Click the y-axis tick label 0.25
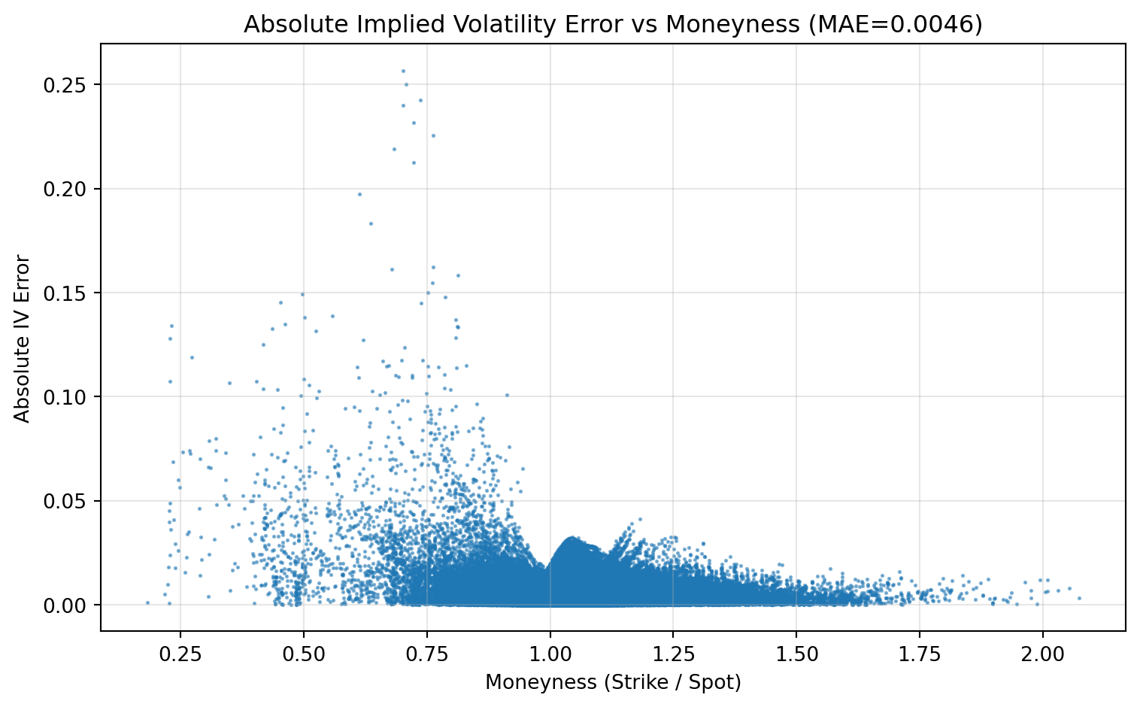[71, 85]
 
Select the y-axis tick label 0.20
[71, 189]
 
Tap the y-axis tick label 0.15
[71, 293]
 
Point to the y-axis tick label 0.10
[71, 396]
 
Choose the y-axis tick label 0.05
[71, 501]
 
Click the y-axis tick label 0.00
[71, 605]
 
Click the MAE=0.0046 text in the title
[895, 25]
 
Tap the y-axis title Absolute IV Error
[23, 339]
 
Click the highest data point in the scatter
[403, 71]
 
